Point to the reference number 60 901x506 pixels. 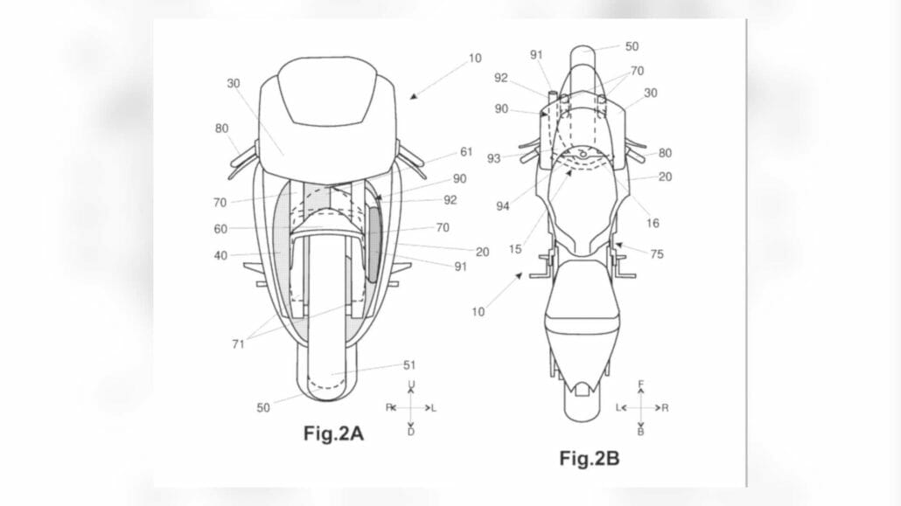point(220,229)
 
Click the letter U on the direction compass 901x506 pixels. point(411,385)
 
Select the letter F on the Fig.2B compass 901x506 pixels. point(641,383)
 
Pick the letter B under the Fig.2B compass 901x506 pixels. point(641,432)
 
